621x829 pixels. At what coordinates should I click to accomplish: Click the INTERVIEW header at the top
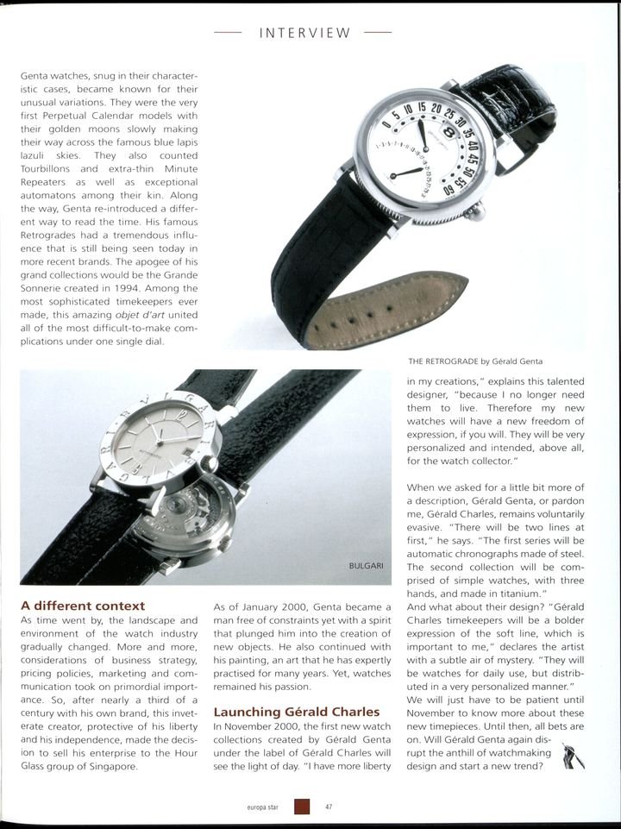pos(305,34)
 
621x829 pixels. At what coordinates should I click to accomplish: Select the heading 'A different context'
pos(83,606)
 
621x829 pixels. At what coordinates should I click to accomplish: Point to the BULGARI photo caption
pos(366,565)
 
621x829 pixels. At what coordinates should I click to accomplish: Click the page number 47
pos(329,807)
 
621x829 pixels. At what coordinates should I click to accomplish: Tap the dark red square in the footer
pos(302,807)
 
